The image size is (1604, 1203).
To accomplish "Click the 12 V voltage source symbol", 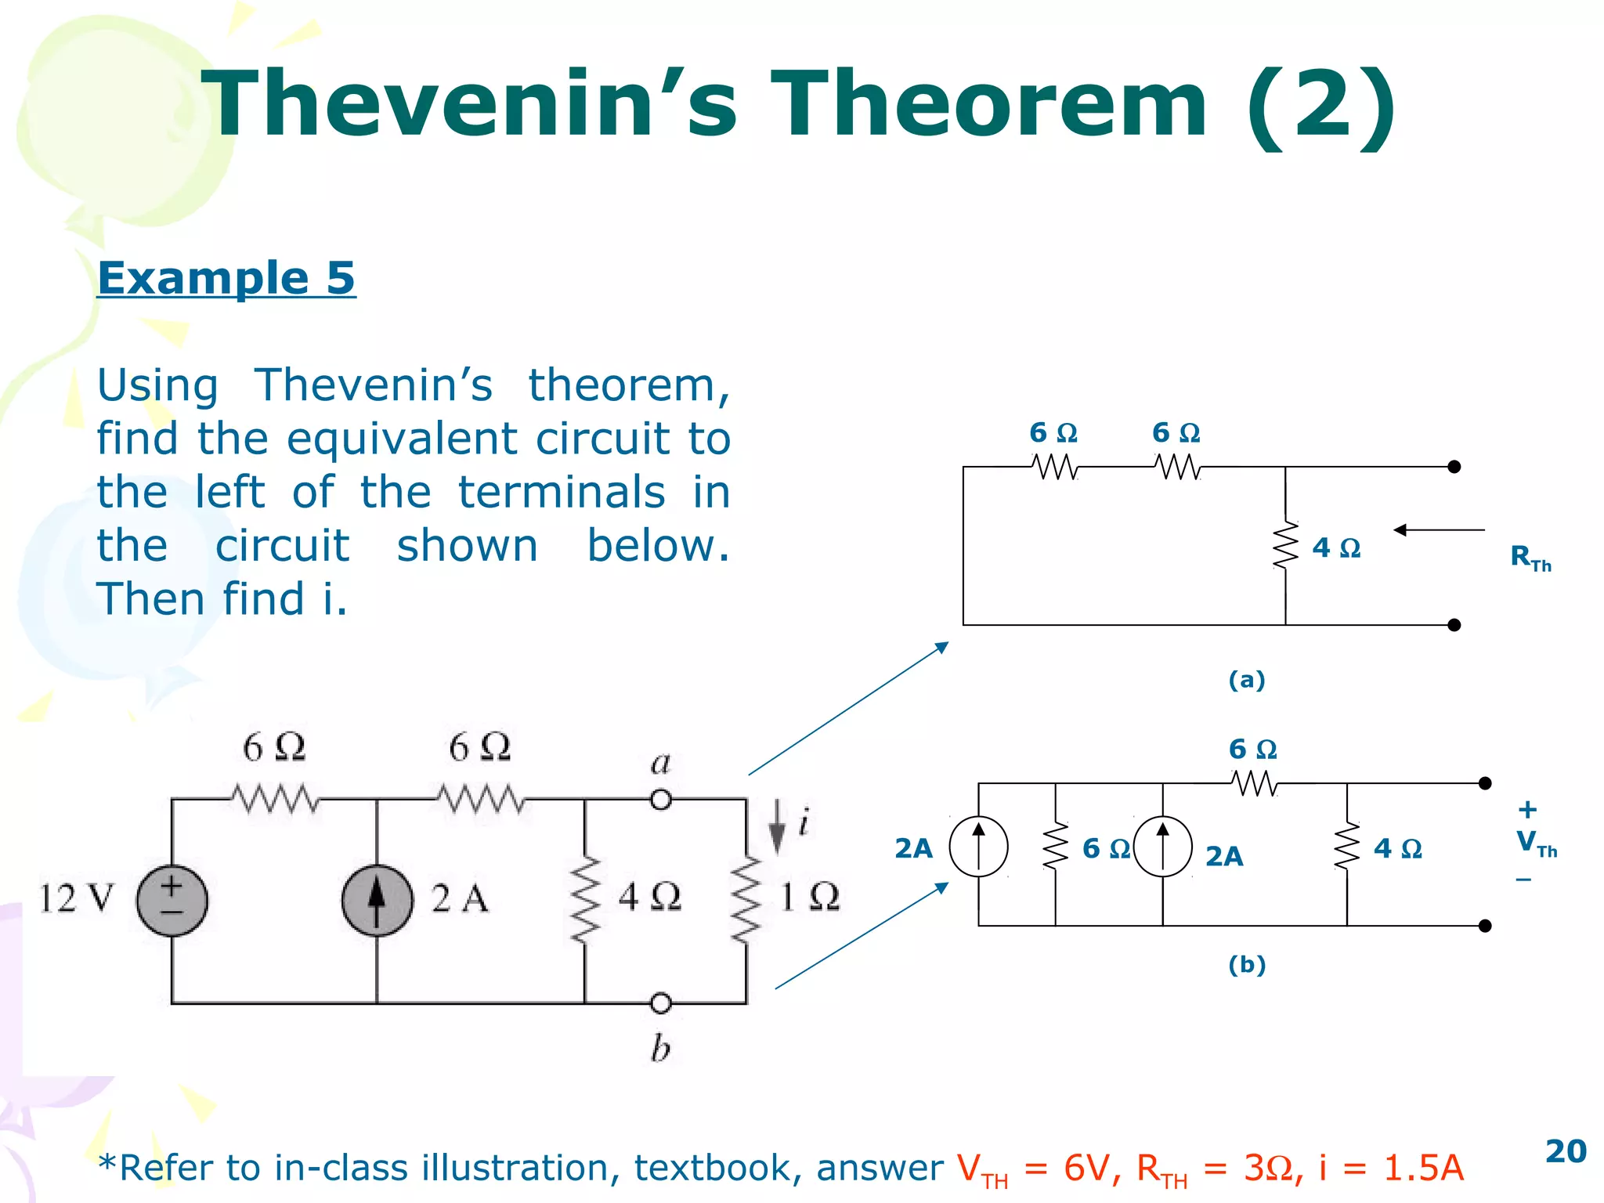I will pyautogui.click(x=172, y=900).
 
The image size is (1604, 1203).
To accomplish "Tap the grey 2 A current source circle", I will pyautogui.click(x=377, y=900).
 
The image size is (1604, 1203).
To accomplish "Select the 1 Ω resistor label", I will pyautogui.click(x=810, y=896).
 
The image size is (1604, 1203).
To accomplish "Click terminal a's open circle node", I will pyautogui.click(x=661, y=800).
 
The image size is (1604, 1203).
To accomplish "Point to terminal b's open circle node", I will pyautogui.click(x=661, y=1002).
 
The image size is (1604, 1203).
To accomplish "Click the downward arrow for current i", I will pyautogui.click(x=777, y=825).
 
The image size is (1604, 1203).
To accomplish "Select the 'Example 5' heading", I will pyautogui.click(x=226, y=278).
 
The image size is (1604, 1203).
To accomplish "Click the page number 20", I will pyautogui.click(x=1566, y=1151).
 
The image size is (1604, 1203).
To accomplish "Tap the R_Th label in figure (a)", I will pyautogui.click(x=1530, y=558).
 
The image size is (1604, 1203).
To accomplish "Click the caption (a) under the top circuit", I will pyautogui.click(x=1247, y=679).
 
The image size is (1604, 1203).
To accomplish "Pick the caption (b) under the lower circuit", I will pyautogui.click(x=1247, y=964).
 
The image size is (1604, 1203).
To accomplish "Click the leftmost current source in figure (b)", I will pyautogui.click(x=978, y=846).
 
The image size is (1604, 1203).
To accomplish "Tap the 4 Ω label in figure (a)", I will pyautogui.click(x=1336, y=547).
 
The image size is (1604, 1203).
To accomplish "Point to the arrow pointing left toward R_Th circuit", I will pyautogui.click(x=1439, y=530).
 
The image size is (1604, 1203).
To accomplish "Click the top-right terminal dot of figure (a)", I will pyautogui.click(x=1454, y=467).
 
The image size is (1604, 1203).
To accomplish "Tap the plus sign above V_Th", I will pyautogui.click(x=1527, y=809).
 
